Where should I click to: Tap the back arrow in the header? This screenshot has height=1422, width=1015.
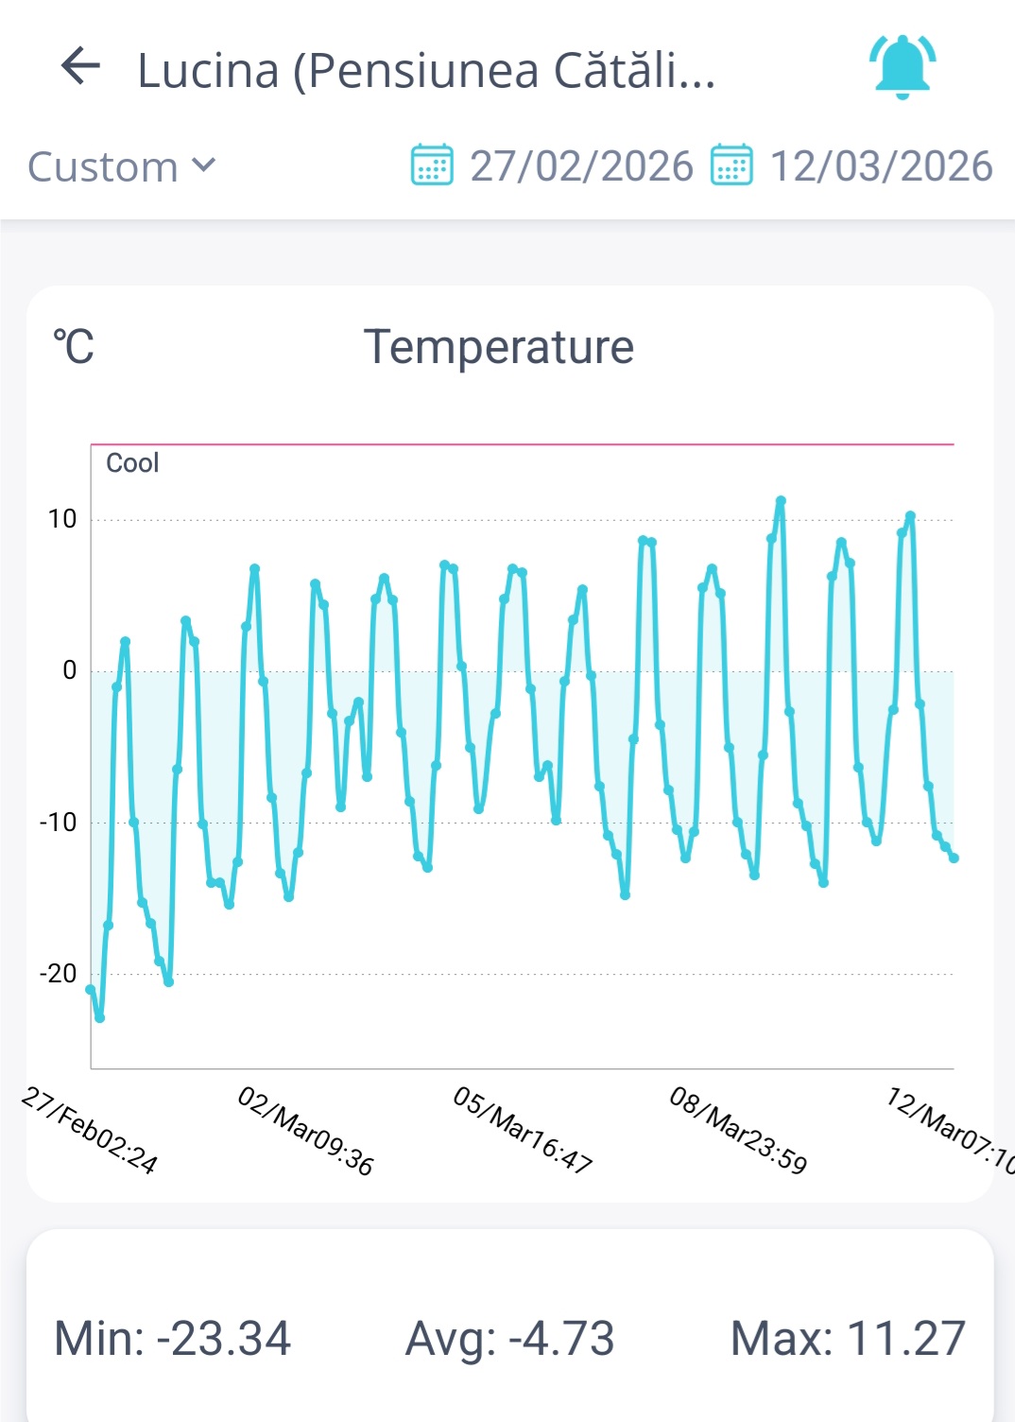point(80,66)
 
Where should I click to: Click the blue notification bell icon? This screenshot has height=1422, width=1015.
point(903,66)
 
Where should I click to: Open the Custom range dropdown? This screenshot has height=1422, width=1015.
point(121,166)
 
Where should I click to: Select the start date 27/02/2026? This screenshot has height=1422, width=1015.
point(581,166)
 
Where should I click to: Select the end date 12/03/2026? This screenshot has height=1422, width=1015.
point(881,166)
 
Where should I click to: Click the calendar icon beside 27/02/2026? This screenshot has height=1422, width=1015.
point(432,165)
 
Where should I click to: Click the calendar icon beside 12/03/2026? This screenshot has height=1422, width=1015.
point(731,165)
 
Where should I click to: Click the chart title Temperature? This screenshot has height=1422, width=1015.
point(499,347)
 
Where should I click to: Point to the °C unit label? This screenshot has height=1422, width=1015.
point(74,347)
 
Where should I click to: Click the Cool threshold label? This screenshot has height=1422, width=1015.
point(132,463)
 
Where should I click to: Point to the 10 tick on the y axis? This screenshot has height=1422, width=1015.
point(62,519)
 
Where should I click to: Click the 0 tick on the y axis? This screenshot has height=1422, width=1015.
point(69,670)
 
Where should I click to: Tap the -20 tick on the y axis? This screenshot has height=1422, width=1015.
point(58,973)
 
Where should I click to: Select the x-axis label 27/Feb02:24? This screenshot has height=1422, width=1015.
point(90,1129)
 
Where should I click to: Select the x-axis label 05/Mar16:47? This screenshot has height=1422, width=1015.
point(523,1129)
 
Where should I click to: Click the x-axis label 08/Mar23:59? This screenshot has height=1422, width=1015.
point(738,1129)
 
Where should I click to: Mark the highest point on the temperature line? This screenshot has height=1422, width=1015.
point(781,500)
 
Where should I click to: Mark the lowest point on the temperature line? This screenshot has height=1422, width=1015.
point(99,1017)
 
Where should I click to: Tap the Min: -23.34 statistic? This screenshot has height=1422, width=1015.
point(173,1339)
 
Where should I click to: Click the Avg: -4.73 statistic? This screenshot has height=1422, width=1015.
point(510,1339)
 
